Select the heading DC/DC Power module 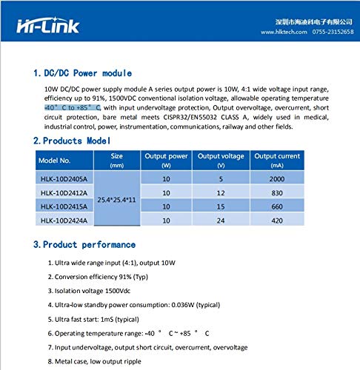82,73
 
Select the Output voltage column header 221,159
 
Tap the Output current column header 278,159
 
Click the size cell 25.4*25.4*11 116,199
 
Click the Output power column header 166,159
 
